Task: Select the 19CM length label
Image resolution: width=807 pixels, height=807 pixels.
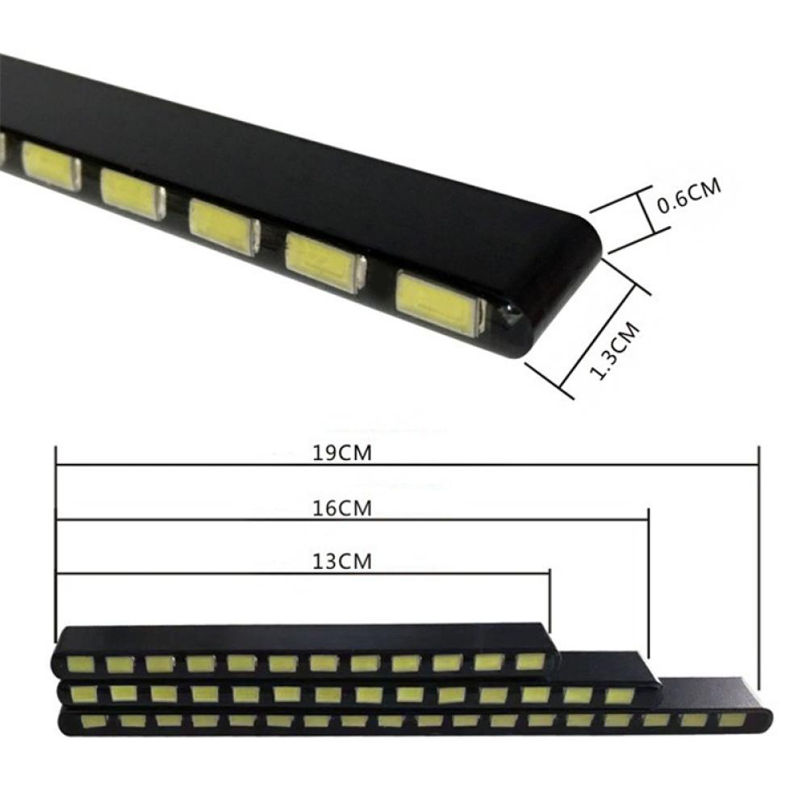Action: pyautogui.click(x=342, y=453)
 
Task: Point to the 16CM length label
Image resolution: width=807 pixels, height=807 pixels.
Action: pyautogui.click(x=342, y=508)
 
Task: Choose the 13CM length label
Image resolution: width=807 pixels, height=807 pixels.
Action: pyautogui.click(x=342, y=562)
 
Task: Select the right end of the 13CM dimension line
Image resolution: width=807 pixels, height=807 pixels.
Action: pyautogui.click(x=549, y=573)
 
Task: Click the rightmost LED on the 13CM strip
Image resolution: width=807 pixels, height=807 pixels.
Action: pyautogui.click(x=529, y=662)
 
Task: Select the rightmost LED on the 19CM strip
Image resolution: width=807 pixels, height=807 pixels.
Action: pyautogui.click(x=730, y=718)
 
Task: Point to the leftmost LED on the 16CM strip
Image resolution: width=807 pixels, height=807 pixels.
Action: pyautogui.click(x=81, y=693)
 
